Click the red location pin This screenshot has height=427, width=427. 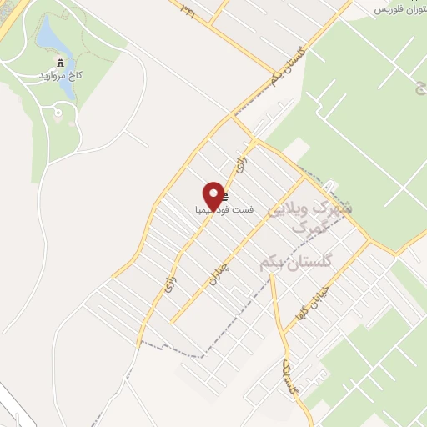(x=213, y=195)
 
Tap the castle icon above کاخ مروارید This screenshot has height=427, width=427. (x=58, y=63)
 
